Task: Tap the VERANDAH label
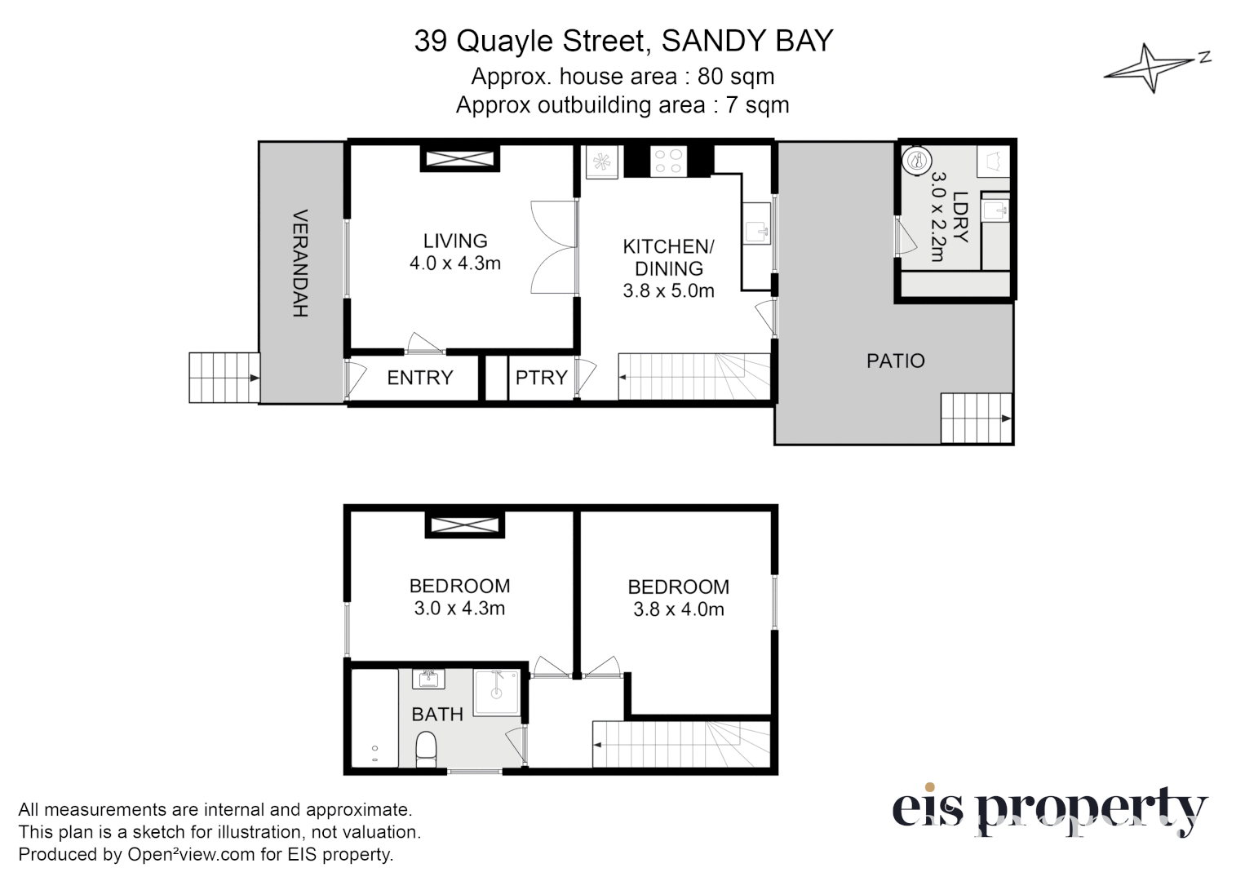point(299,263)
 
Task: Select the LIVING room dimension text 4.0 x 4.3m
point(454,263)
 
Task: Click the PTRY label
point(541,378)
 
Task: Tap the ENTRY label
point(419,378)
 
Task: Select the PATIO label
point(895,361)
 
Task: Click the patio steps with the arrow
point(976,418)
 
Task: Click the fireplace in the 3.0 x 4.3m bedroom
point(464,525)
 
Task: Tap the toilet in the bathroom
point(426,749)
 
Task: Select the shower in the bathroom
point(497,693)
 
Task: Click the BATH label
point(437,715)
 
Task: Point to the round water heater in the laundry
point(918,160)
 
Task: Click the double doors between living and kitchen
point(553,247)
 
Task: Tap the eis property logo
point(1048,810)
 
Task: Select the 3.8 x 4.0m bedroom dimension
point(678,609)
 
